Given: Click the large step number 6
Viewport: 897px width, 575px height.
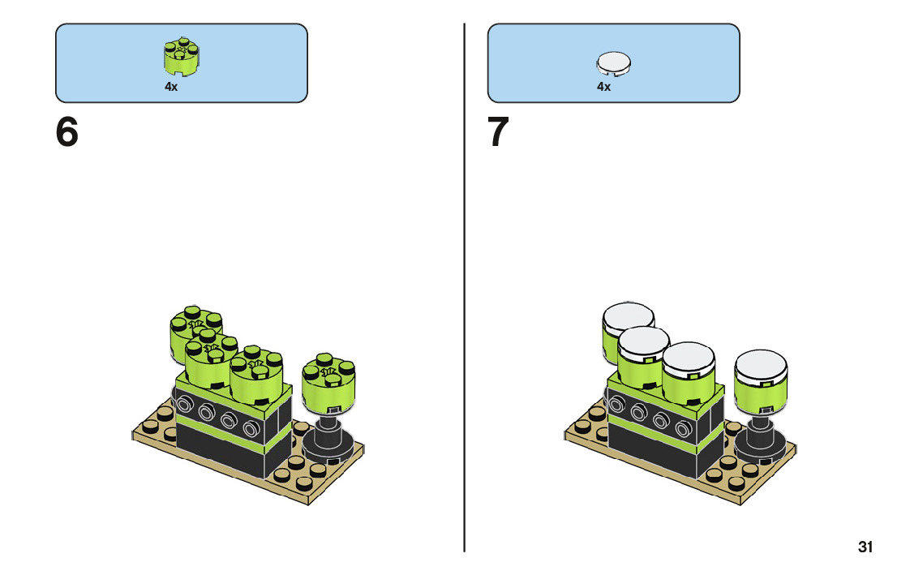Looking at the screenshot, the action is (67, 132).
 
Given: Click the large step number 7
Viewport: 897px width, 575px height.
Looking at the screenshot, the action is (498, 132).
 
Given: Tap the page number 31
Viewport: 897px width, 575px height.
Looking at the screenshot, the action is (865, 547).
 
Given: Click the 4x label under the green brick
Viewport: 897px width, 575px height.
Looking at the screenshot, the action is (170, 86).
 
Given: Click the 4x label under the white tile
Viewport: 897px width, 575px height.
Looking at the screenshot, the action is (603, 86).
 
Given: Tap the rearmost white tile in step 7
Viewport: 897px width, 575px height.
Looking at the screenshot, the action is (627, 316).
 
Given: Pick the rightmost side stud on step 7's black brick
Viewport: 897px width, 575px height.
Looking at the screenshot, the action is (684, 424).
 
